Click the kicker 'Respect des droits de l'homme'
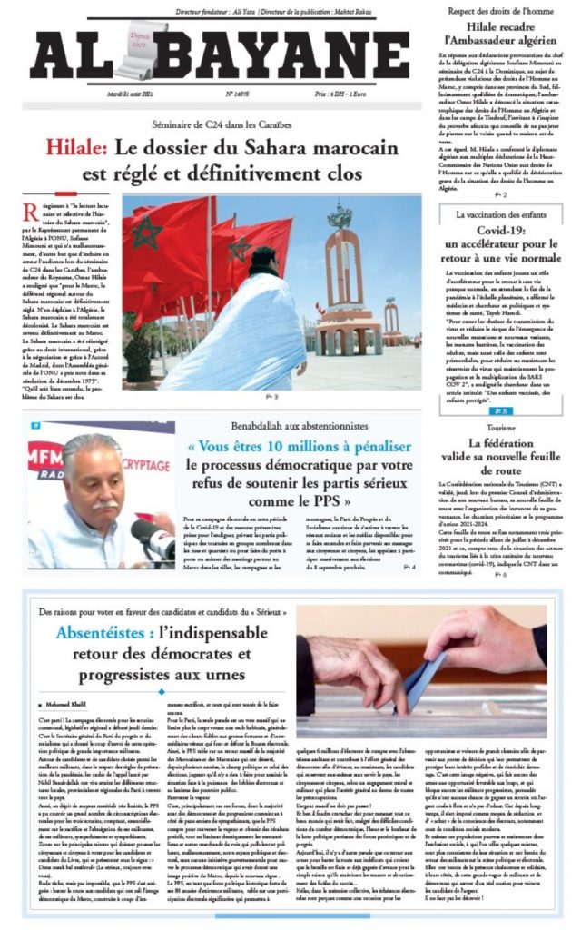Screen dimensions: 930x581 click(x=500, y=10)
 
